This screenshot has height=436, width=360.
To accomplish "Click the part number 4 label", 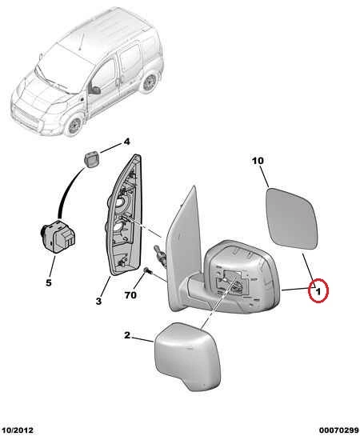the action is coord(126,142).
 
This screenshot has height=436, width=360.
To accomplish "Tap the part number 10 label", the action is coord(258,161).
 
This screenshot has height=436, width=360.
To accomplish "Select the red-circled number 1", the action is coord(318,290).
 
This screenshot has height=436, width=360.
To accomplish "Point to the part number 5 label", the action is coord(49,282).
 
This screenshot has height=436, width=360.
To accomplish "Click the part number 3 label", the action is coord(98,301).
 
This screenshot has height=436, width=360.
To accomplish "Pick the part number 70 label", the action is coord(130,295).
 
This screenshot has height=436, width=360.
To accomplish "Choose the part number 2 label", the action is coord(127,335).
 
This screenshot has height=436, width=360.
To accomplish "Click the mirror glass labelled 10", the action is coord(292,218).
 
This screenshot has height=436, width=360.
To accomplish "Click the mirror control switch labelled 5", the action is coord(58,235).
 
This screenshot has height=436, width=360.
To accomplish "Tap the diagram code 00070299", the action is coord(339,430).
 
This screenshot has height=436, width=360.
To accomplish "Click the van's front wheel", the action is coord(74,126).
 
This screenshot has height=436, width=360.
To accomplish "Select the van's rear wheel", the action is coord(150,82).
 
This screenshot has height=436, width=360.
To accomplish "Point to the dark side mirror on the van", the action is coord(94,90).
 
